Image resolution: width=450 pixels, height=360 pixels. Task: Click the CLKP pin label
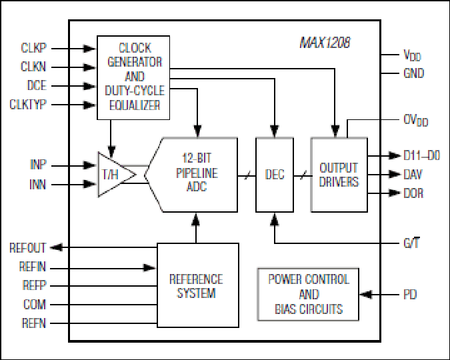[x=33, y=48]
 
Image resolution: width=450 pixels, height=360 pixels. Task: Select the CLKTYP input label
[x=27, y=104]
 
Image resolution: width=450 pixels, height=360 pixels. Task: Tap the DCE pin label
[x=37, y=85]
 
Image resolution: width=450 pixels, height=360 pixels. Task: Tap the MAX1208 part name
[x=325, y=43]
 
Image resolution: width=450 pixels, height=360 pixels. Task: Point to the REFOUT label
[x=27, y=248]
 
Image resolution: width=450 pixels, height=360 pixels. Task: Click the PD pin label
[x=410, y=295]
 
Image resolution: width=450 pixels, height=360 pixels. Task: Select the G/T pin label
[x=411, y=243]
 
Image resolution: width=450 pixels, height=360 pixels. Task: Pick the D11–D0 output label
[x=421, y=155]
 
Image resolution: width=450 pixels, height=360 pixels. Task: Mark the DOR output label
[x=413, y=193]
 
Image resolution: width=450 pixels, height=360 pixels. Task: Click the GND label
[x=413, y=73]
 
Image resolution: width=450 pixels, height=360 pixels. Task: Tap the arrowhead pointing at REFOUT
[x=56, y=247]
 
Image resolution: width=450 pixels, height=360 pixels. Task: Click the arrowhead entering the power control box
[x=365, y=295]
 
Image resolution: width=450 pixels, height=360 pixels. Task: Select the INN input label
[x=37, y=184]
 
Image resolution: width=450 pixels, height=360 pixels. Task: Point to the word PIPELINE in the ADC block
[x=197, y=173]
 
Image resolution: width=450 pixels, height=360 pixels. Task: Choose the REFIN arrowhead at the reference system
[x=149, y=268]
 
